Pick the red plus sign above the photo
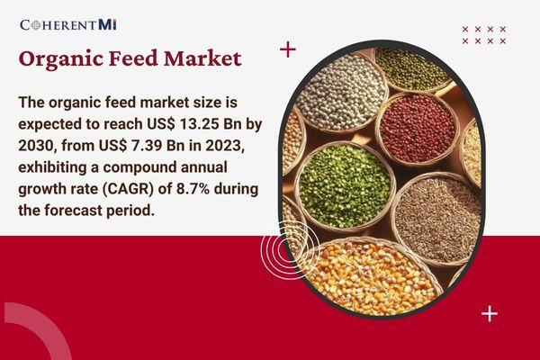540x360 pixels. tap(287, 49)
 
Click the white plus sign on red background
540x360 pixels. tap(489, 313)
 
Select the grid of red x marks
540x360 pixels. tap(483, 35)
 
